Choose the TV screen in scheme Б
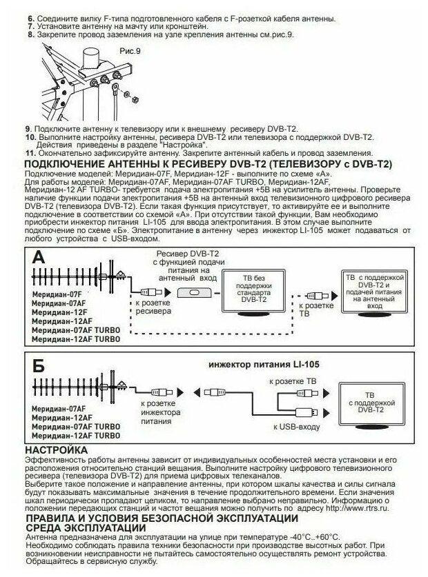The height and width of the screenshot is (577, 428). coord(375,402)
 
